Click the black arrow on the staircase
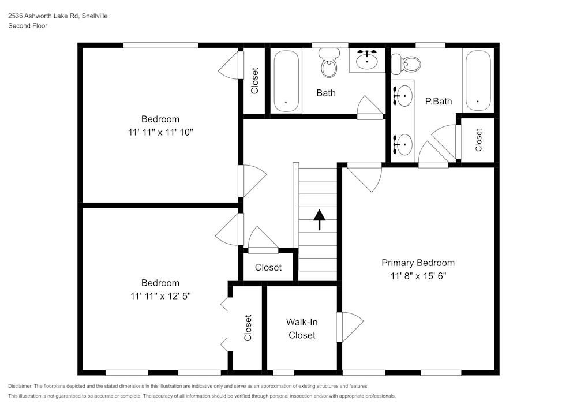tap(319, 219)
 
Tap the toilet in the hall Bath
tap(329, 63)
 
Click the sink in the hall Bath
tap(366, 59)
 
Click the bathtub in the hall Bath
tap(286, 81)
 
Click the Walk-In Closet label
tap(302, 328)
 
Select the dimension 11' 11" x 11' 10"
tap(160, 132)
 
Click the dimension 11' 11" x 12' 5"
tap(160, 296)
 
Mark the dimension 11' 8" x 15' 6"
tap(418, 276)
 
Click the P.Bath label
tap(439, 101)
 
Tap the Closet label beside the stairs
tap(268, 267)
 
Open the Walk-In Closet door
tap(351, 327)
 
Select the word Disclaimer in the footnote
tap(20, 386)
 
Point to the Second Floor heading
tap(28, 26)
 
